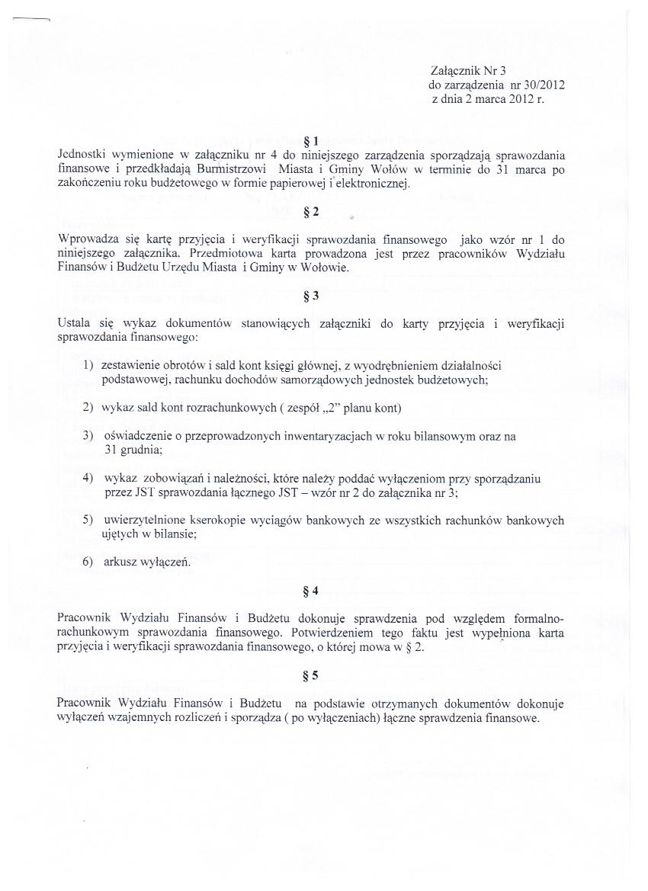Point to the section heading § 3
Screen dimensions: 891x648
[310, 296]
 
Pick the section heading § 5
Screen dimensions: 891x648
[310, 676]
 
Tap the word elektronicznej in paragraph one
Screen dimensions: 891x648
[374, 184]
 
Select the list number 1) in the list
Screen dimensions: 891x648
[89, 367]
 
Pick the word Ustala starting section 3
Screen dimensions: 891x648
[73, 323]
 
